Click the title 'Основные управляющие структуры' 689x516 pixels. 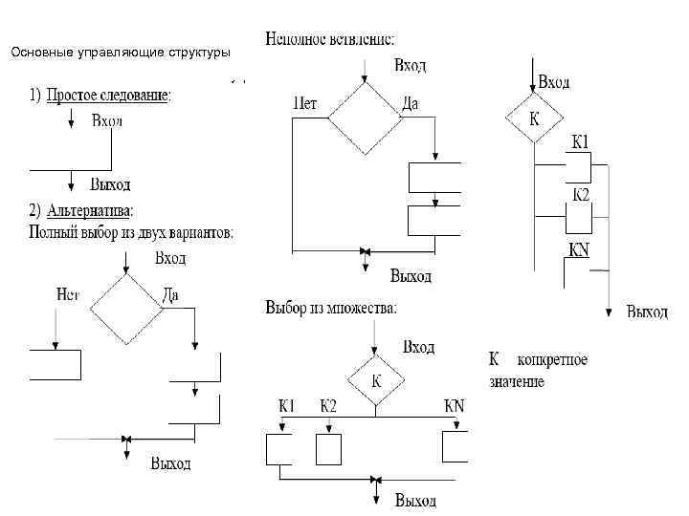[x=120, y=53]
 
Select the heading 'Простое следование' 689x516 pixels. [x=107, y=96]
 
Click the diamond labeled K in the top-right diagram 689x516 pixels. [x=533, y=120]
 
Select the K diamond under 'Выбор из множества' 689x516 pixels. [x=376, y=379]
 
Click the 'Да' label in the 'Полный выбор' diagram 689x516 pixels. [x=170, y=295]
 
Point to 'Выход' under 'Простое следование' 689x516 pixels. [x=110, y=183]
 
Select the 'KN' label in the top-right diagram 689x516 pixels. [x=580, y=249]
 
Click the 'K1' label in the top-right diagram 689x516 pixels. [x=580, y=142]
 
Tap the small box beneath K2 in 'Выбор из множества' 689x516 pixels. [x=328, y=448]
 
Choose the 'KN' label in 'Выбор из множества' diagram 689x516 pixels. [x=454, y=405]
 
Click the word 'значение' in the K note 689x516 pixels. [x=517, y=382]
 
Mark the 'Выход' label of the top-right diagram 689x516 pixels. [x=647, y=311]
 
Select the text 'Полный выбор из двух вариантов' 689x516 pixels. [x=131, y=232]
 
